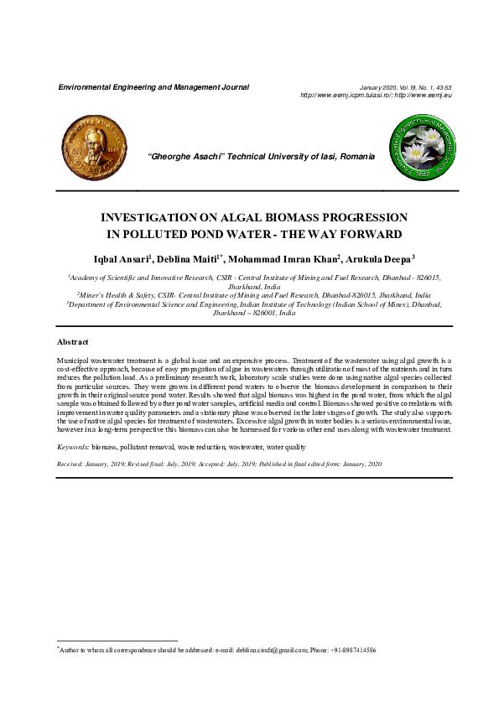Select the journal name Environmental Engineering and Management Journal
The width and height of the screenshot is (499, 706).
[x=153, y=87]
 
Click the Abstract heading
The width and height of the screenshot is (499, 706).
[x=72, y=342]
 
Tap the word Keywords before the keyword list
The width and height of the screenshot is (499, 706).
[x=73, y=449]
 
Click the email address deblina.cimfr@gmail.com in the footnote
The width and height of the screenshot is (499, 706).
[x=269, y=650]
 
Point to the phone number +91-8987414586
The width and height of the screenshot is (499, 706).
[x=353, y=650]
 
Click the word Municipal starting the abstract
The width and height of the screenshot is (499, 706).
[x=74, y=358]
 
